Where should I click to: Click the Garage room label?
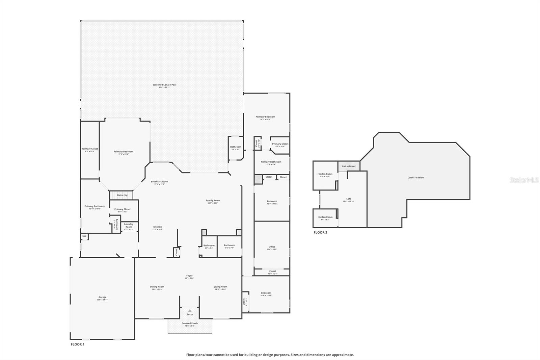coord(102,297)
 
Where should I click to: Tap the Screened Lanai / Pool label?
coord(164,85)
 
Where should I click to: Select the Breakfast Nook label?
coord(159,182)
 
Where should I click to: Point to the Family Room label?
coord(213,201)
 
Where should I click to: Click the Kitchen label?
coord(158,227)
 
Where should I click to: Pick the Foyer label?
coord(189,276)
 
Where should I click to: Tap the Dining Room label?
coord(157,287)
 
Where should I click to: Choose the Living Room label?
coord(220,287)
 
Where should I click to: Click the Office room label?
coord(272,247)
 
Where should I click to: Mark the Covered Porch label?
coord(190,323)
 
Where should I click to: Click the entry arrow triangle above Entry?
coord(190,310)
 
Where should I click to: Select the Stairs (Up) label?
coord(122,195)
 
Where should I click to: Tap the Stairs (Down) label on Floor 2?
coord(349,166)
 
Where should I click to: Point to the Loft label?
coord(349,199)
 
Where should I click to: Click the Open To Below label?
coord(416,178)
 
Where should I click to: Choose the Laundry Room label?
coord(129,225)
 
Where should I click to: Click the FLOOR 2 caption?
coord(320,232)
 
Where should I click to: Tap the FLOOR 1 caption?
coord(77,344)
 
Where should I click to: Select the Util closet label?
coord(84,236)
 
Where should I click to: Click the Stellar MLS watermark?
coord(524,180)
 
